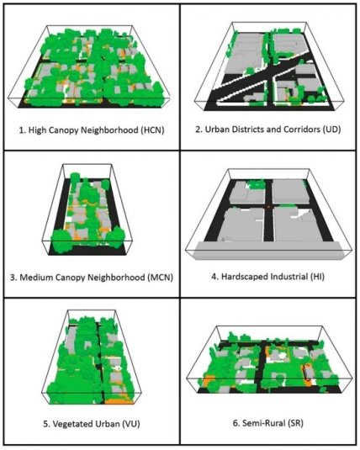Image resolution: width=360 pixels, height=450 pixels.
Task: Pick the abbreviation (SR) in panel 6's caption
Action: point(295,423)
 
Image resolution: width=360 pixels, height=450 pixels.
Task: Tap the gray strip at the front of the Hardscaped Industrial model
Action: point(268,251)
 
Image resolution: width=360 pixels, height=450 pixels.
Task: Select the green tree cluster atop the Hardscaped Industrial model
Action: point(256,184)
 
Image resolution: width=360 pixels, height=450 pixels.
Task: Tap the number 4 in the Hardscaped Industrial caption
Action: point(214,277)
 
